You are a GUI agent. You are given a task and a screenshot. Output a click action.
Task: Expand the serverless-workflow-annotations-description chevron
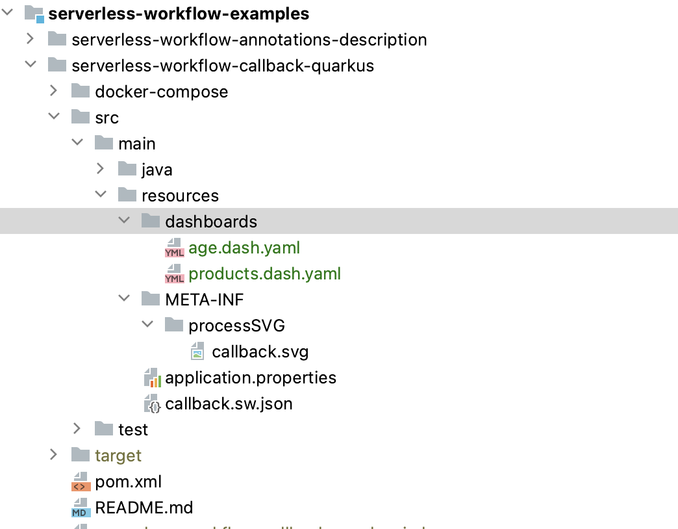click(x=30, y=39)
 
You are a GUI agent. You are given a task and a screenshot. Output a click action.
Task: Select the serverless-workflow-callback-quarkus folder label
click(x=223, y=66)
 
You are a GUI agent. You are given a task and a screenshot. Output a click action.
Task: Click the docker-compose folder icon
click(x=81, y=91)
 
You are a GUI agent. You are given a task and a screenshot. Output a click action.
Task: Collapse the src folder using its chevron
click(x=53, y=117)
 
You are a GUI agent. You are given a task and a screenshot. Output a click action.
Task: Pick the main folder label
click(x=136, y=144)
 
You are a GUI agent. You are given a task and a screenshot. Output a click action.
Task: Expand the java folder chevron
click(x=100, y=169)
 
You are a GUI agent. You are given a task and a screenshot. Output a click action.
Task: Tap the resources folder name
click(x=180, y=196)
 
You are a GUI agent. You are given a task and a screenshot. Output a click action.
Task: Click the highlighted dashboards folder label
click(x=211, y=222)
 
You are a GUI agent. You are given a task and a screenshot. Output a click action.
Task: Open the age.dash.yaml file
click(x=244, y=248)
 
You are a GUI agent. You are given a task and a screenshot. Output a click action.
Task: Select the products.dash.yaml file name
click(x=264, y=274)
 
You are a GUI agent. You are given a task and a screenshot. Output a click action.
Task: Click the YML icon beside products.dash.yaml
click(x=174, y=274)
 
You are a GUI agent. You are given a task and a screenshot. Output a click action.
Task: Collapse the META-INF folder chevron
click(x=123, y=299)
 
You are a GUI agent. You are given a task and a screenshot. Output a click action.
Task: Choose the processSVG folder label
click(x=236, y=326)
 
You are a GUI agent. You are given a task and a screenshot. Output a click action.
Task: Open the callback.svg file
click(x=260, y=352)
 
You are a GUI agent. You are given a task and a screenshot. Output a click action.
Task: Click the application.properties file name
click(x=251, y=378)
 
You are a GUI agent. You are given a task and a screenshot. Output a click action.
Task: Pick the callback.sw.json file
click(x=229, y=404)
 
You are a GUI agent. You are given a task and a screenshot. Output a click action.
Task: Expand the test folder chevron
click(x=77, y=429)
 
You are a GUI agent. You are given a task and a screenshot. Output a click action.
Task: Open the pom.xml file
click(x=128, y=482)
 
